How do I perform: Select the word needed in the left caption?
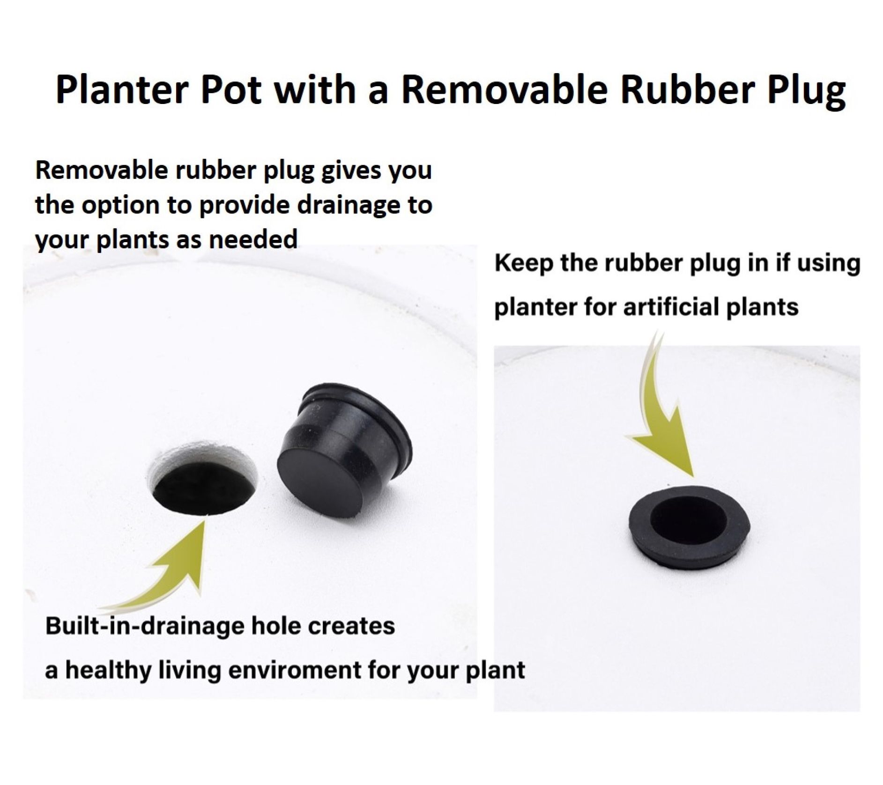(253, 239)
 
